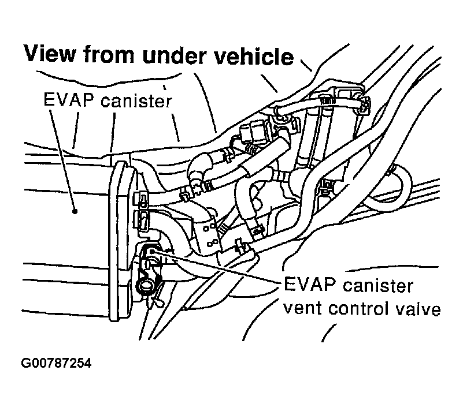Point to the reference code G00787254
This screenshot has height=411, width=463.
click(56, 364)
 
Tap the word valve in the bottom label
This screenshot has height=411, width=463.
click(419, 309)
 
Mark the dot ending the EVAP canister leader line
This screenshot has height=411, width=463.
click(75, 211)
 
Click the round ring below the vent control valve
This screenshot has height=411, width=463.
click(144, 285)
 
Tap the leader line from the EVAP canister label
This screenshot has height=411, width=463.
click(62, 162)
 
